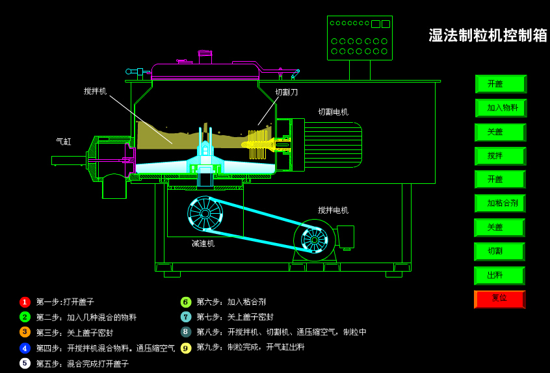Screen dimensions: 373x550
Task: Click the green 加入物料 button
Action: coord(501,108)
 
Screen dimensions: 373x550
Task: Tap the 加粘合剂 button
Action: coord(500,203)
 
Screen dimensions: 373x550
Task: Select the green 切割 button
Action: coord(499,251)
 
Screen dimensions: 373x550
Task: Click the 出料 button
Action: coord(499,276)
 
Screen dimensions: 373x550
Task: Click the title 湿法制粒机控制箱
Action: coord(488,35)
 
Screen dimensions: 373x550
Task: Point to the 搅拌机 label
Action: coord(95,91)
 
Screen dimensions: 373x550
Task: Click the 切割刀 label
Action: coord(286,92)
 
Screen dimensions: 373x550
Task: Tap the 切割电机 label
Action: coord(333,112)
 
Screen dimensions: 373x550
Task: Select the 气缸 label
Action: coord(64,141)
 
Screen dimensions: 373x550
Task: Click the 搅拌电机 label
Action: coord(333,211)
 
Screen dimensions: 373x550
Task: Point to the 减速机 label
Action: coord(203,244)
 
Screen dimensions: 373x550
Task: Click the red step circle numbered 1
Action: coord(25,302)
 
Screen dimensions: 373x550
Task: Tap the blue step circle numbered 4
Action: coord(25,348)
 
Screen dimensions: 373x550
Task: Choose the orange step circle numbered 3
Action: coord(25,332)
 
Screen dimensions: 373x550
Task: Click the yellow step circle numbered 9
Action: coord(186,348)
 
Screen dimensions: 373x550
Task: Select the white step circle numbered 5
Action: coord(25,363)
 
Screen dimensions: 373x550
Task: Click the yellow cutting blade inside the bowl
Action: coord(257,144)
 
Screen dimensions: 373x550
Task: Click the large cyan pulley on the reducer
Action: coord(205,213)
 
